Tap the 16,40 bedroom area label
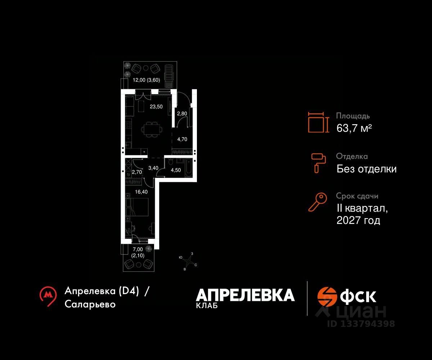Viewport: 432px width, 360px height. point(141,192)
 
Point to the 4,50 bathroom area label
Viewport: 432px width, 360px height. point(176,170)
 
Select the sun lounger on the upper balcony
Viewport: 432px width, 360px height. point(169,76)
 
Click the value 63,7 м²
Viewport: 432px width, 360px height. point(354,128)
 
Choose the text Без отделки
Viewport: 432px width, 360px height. point(366,169)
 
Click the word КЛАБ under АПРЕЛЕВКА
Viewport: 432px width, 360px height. point(207,306)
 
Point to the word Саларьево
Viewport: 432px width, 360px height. point(90,304)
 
